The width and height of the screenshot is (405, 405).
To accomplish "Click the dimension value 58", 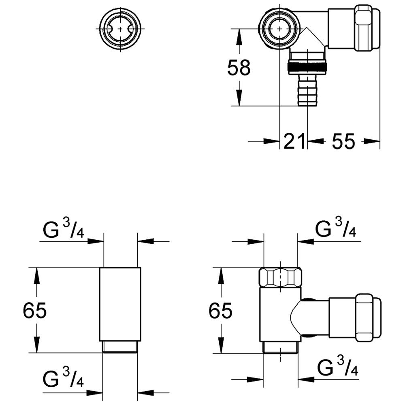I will (x=239, y=68).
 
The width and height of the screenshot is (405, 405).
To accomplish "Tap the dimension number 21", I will (x=294, y=141).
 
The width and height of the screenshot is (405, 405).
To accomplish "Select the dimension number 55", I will (x=343, y=141).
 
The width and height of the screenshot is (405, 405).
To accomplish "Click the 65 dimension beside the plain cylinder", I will (x=35, y=311).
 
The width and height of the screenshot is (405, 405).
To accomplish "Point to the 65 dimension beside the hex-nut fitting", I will (x=220, y=311).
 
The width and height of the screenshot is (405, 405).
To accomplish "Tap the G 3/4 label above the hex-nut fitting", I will (x=336, y=229).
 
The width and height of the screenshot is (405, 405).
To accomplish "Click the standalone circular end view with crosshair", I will (x=120, y=29).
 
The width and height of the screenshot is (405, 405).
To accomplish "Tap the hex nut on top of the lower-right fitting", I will (x=281, y=277).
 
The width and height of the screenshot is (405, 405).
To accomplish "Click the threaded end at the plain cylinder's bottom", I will (x=120, y=347).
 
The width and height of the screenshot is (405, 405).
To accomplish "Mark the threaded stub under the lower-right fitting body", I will (x=280, y=347).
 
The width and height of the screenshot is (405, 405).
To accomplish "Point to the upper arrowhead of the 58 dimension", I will (x=239, y=35).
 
